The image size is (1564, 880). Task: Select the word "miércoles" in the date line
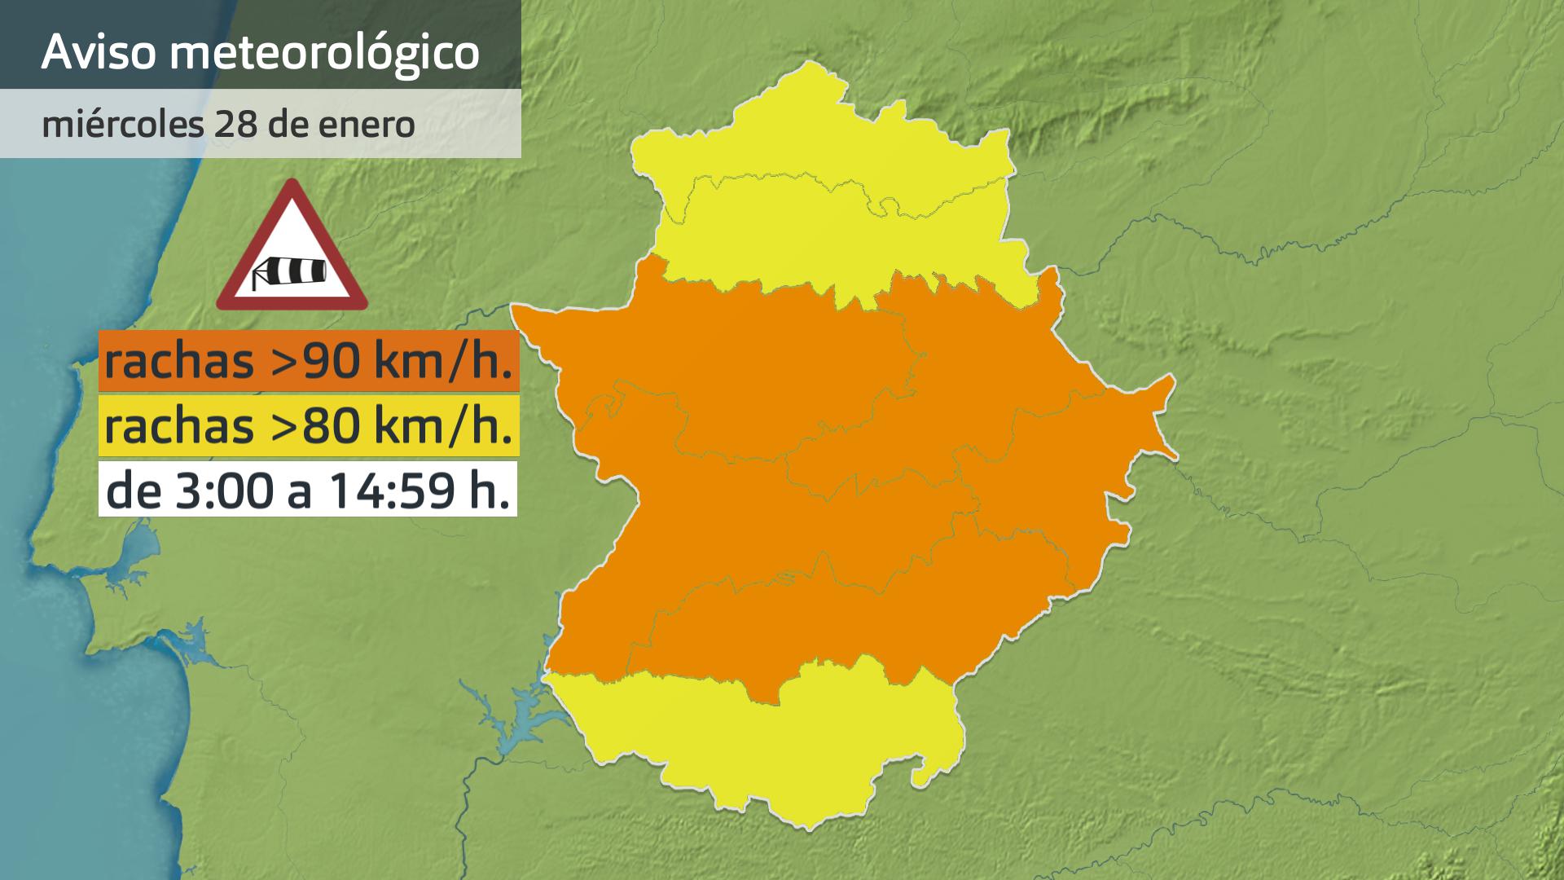(x=122, y=125)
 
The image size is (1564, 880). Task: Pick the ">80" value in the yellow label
(x=319, y=426)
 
